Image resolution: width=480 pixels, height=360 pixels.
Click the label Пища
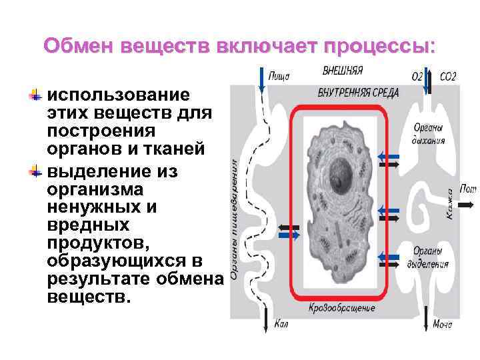pos(279,76)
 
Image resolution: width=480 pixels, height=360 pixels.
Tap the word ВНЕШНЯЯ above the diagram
pos(343,69)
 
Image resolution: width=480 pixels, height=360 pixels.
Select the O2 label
pos(417,77)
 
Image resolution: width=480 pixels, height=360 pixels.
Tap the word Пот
pos(469,189)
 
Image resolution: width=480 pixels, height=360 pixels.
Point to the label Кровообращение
pos(342,308)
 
